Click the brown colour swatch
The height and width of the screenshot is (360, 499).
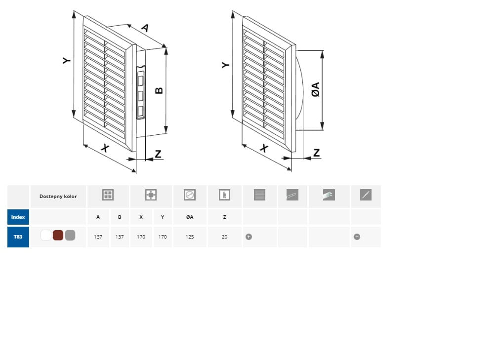58,236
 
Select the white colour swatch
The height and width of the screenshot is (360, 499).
46,236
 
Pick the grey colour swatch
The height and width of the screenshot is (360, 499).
70,236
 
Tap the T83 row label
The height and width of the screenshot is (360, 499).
18,237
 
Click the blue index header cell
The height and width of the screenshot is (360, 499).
18,217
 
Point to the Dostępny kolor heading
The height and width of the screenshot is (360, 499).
58,197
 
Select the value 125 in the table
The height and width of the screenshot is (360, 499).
190,237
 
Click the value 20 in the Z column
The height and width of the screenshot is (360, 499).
224,237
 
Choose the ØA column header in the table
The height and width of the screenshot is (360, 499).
190,217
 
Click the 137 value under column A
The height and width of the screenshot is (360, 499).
98,237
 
